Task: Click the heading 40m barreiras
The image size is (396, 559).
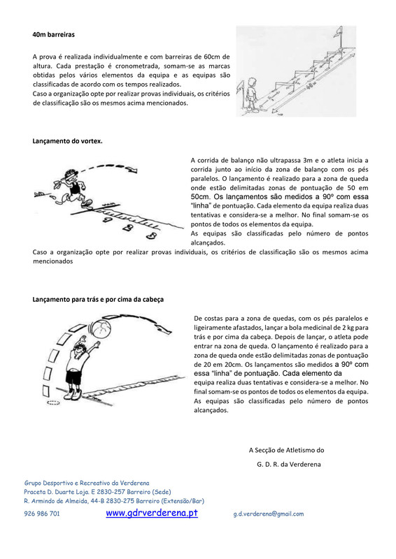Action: click(x=54, y=34)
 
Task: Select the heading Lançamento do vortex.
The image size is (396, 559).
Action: click(x=67, y=141)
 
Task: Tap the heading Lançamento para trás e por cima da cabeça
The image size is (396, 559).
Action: click(x=98, y=300)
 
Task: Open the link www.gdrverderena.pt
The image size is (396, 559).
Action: click(x=152, y=513)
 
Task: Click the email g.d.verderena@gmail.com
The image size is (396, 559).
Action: click(x=269, y=514)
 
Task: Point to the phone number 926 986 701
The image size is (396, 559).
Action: click(x=42, y=514)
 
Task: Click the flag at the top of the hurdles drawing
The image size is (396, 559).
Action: click(x=337, y=33)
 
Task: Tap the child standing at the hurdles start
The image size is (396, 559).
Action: click(x=252, y=94)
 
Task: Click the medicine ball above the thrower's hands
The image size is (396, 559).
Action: click(x=101, y=328)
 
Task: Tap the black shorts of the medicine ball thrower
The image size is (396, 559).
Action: click(x=75, y=377)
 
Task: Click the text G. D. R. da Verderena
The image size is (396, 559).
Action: click(x=288, y=464)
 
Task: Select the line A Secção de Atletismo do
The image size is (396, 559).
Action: click(x=286, y=450)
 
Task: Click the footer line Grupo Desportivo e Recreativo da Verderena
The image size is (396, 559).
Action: click(x=87, y=483)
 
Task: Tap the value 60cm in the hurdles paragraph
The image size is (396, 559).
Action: click(x=213, y=57)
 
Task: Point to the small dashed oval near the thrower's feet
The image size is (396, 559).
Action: click(x=53, y=403)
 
